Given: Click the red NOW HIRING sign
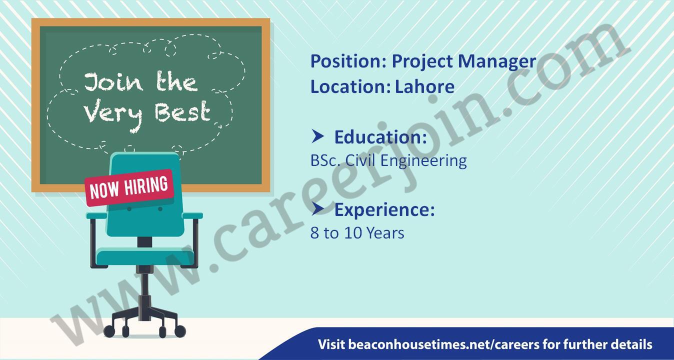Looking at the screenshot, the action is [x=129, y=188].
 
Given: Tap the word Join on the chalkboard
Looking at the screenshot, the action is [x=113, y=82].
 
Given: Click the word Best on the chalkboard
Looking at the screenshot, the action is [x=182, y=112].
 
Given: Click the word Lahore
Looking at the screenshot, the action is [x=424, y=86].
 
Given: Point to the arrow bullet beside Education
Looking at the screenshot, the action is [x=317, y=136].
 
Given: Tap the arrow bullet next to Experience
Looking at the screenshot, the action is [x=317, y=208].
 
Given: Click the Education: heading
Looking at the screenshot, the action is [x=380, y=137].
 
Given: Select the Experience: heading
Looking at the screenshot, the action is [x=384, y=210].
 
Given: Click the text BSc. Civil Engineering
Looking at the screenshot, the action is [x=388, y=160].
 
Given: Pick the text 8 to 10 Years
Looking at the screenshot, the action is [x=357, y=233].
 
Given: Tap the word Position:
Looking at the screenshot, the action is [x=348, y=61].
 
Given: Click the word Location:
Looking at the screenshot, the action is [x=350, y=86].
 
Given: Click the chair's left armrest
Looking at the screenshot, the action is [x=96, y=215].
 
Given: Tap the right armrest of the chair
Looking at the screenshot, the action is [x=192, y=215].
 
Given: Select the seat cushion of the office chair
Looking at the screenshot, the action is [x=145, y=257].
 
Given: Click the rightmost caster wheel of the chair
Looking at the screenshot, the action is [x=180, y=331].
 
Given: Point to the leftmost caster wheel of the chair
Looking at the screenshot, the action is [x=109, y=331].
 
